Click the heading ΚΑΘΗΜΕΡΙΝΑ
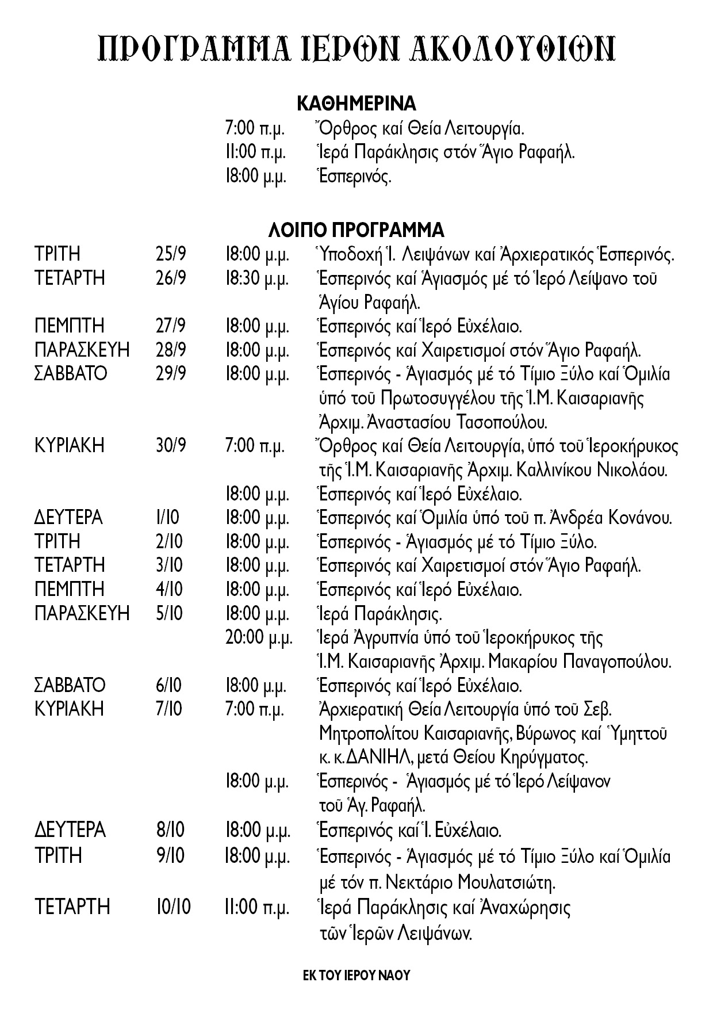click(356, 104)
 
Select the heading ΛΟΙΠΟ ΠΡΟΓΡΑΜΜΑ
click(356, 230)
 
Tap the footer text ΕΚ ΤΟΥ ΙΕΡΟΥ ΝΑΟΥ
click(356, 976)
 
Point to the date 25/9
click(171, 254)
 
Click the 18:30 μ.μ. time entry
click(256, 278)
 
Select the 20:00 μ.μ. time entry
click(259, 638)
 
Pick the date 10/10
click(173, 907)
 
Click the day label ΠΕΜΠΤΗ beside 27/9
click(70, 326)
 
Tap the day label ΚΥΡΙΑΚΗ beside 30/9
click(70, 446)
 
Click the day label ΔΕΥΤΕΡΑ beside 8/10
click(70, 831)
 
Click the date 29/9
click(171, 374)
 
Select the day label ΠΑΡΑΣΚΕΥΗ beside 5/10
click(82, 614)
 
